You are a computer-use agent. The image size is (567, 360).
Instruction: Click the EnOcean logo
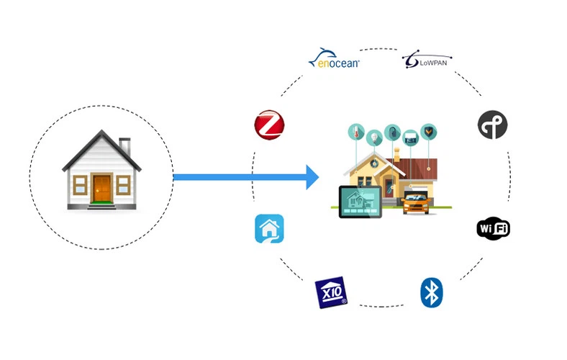[x=334, y=60]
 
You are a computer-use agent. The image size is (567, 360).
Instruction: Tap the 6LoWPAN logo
[x=426, y=60]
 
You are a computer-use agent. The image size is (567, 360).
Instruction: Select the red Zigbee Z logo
[x=269, y=125]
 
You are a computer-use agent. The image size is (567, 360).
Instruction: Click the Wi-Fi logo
[x=493, y=229]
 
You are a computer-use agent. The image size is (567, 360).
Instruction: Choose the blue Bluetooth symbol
[x=431, y=292]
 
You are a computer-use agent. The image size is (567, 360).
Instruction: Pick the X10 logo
[x=331, y=292]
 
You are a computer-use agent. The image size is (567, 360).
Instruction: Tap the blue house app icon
[x=269, y=229]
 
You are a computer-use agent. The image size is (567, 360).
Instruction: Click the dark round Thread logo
[x=492, y=125]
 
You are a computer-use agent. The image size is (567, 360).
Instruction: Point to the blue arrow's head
[x=312, y=177]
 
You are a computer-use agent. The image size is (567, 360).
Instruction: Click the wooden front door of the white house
[x=102, y=189]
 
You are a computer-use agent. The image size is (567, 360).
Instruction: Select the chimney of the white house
[x=124, y=145]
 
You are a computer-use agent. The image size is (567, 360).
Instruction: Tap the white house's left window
[x=80, y=184]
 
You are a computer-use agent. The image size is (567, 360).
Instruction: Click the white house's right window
[x=124, y=184]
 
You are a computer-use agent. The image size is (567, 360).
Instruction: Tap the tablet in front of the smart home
[x=360, y=202]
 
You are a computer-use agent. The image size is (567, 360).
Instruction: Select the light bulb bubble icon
[x=374, y=136]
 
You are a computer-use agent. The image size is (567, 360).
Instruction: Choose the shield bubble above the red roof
[x=429, y=131]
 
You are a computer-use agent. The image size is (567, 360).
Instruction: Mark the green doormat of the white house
[x=101, y=206]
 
